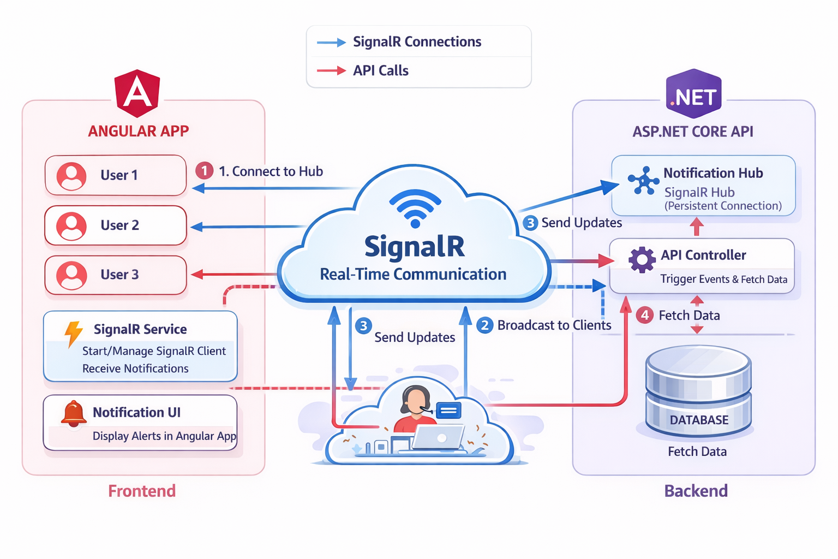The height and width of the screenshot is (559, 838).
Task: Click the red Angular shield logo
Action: coord(137,93)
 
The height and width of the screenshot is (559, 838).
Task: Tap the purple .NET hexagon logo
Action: coord(694,94)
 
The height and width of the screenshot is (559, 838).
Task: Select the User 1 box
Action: coord(116,175)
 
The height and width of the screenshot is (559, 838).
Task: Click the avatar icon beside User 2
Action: coord(71,225)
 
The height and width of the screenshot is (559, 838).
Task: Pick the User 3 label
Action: coord(119,275)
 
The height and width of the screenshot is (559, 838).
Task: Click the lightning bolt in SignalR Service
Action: coord(73,334)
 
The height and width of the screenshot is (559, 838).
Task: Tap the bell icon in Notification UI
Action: coord(74,413)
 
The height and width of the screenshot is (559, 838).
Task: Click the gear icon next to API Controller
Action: coord(642,260)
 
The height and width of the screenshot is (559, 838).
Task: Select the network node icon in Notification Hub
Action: coord(644,181)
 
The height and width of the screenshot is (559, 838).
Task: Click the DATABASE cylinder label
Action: coord(699,420)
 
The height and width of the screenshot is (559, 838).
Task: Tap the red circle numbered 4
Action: coord(645,315)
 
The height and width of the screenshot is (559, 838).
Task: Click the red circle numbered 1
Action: coord(205,171)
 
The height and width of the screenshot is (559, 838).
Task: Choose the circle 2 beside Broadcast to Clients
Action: coord(484,325)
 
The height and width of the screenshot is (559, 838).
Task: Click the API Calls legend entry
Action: coord(380,70)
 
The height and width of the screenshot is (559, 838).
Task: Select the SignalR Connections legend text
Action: coord(417,42)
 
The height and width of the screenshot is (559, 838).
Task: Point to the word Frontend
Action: coord(142,491)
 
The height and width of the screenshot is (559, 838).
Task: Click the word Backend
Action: coord(696,491)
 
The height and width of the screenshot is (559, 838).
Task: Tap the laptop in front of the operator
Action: coord(438,437)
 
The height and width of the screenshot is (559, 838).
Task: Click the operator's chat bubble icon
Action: coord(448,410)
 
